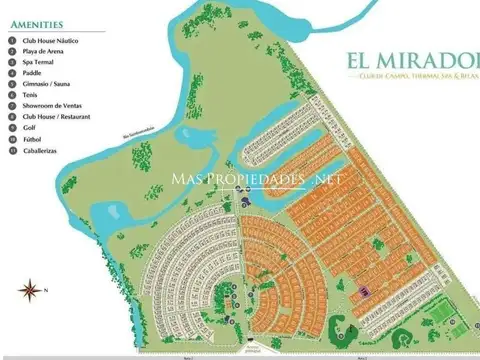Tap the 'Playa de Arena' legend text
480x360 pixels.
click(x=45, y=50)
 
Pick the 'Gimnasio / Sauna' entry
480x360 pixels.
click(x=44, y=83)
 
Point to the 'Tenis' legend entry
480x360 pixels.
click(x=31, y=94)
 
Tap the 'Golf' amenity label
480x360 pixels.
click(x=30, y=127)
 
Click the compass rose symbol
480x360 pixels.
click(x=29, y=290)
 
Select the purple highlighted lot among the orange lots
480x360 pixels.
click(x=363, y=290)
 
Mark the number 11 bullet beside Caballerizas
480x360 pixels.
click(x=11, y=149)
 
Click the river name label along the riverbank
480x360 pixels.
click(x=139, y=130)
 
